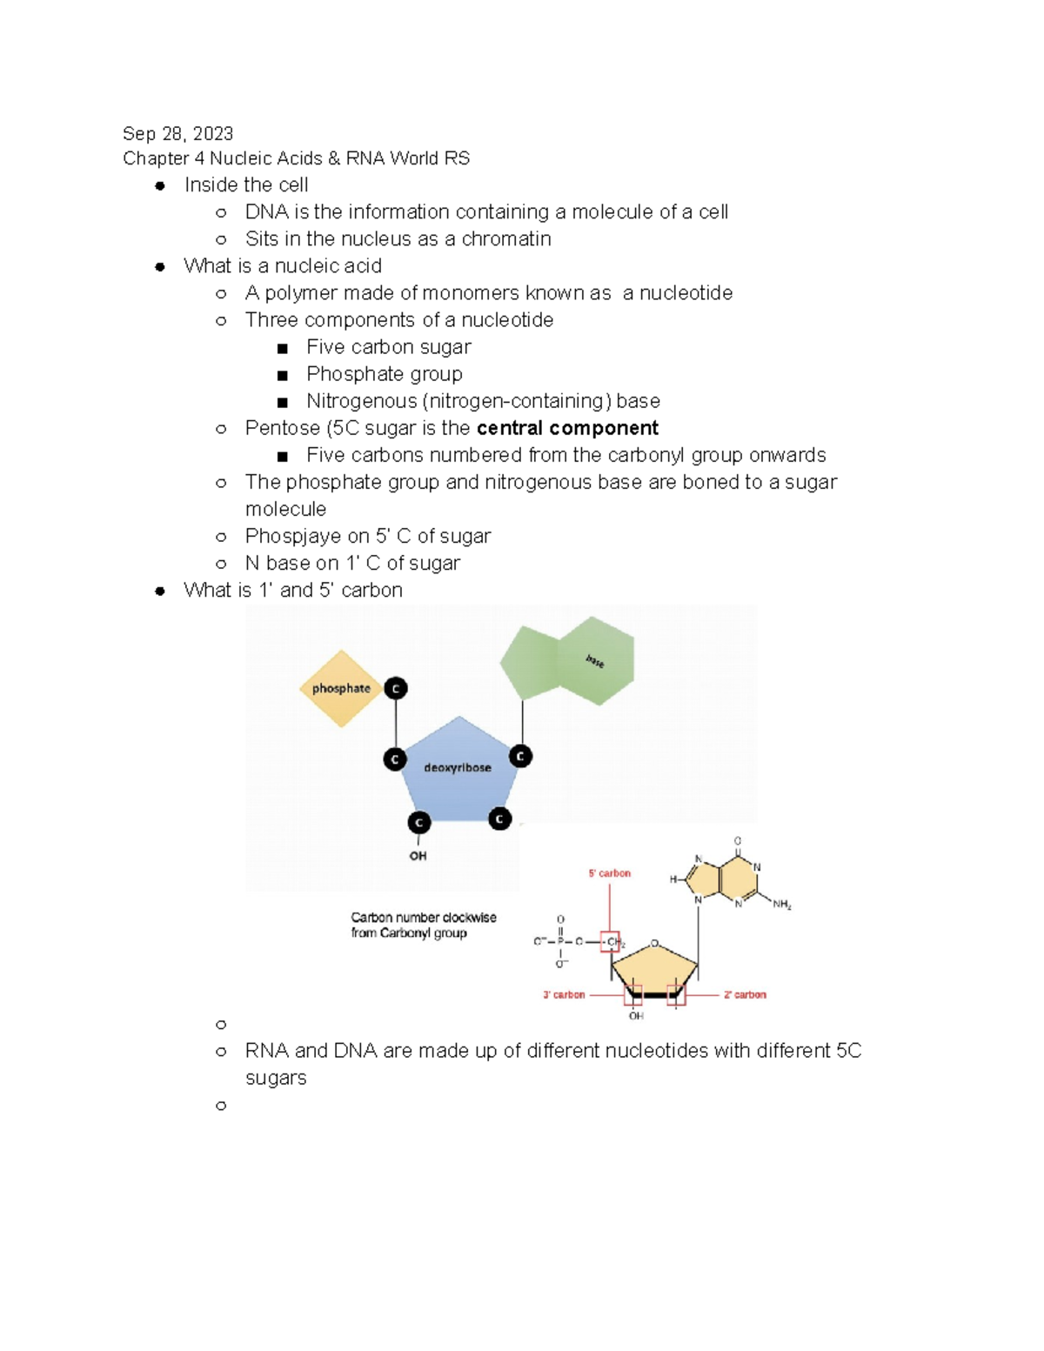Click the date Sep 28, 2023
[x=177, y=134]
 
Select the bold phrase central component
[x=567, y=428]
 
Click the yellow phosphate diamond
[x=341, y=688]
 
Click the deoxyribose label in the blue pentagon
[x=457, y=768]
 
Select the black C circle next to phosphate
[x=396, y=689]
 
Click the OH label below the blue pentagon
[x=418, y=856]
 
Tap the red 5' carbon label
[x=609, y=873]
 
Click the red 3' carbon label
[x=564, y=994]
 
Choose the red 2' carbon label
[x=745, y=994]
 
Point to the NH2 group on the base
[x=781, y=905]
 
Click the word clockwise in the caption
[x=469, y=918]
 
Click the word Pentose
[x=282, y=428]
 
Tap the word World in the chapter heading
[x=414, y=158]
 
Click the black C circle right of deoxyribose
[x=520, y=756]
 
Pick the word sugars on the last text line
[x=276, y=1079]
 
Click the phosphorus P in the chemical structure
[x=560, y=941]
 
